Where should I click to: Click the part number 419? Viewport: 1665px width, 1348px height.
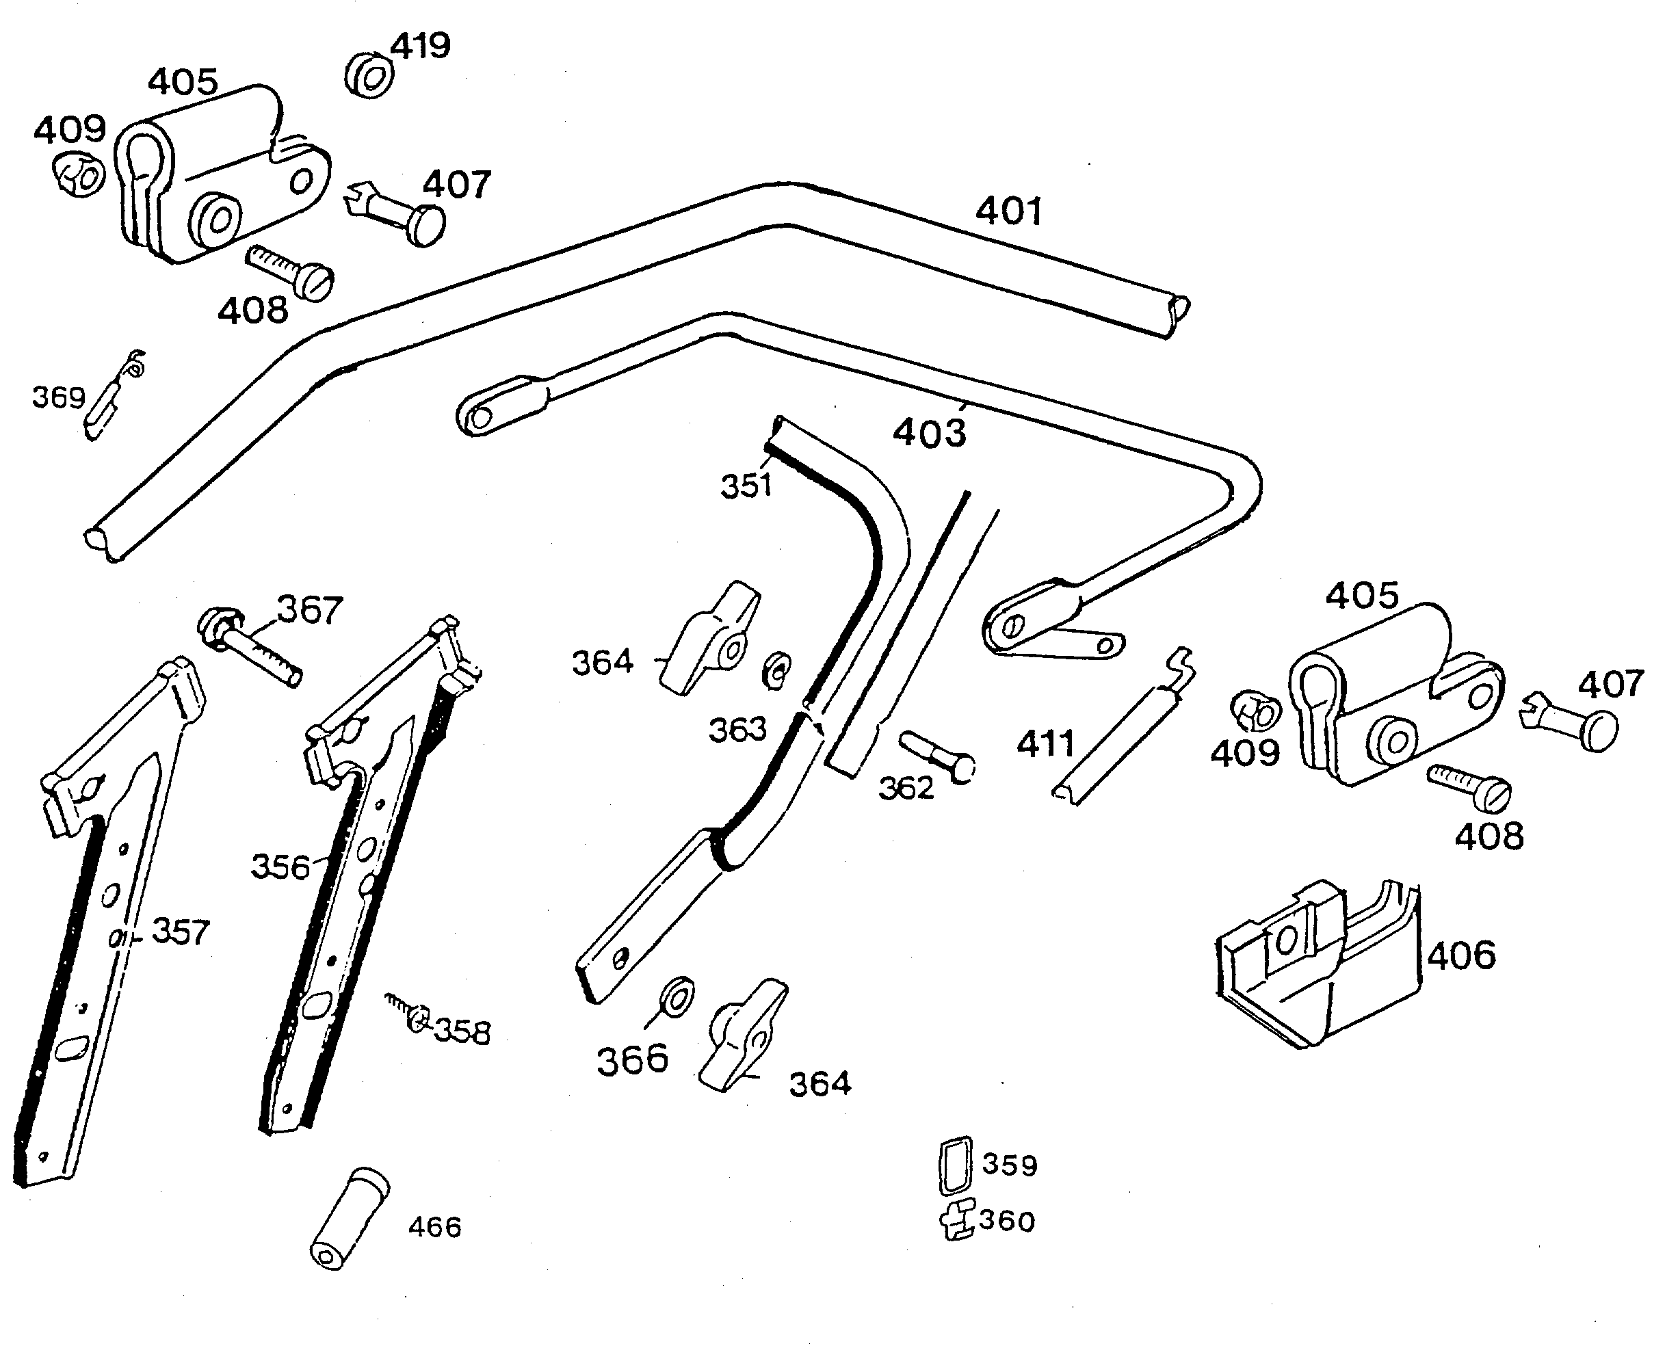tap(420, 47)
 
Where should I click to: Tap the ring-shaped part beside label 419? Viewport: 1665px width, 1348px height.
tap(369, 75)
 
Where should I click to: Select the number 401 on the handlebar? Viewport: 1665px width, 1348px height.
tap(1009, 211)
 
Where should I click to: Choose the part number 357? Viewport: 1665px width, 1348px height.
tap(181, 931)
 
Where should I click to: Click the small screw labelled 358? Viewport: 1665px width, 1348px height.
tap(408, 1014)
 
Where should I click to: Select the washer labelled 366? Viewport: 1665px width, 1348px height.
tap(677, 997)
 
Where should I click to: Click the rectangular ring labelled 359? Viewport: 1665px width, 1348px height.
tap(955, 1165)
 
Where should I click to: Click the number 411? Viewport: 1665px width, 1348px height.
tap(1045, 744)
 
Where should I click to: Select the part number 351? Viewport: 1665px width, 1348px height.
tap(746, 486)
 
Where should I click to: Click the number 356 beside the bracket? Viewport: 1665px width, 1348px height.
tap(280, 867)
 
